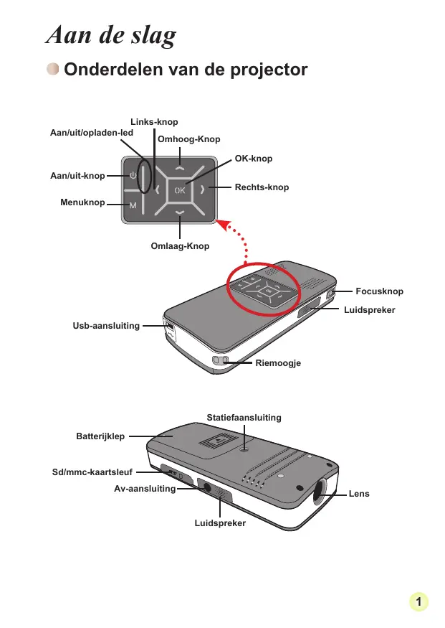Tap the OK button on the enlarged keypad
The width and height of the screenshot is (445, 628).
(179, 190)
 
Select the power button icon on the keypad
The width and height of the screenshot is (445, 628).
(133, 175)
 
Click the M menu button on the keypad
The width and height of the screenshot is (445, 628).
(133, 206)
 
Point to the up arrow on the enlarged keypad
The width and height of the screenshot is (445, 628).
(179, 167)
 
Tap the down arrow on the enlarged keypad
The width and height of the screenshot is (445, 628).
(179, 213)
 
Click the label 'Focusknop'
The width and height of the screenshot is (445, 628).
(379, 291)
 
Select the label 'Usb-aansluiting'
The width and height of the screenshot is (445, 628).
(106, 326)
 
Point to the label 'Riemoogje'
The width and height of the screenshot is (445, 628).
(278, 363)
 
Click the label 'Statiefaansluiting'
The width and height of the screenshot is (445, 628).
(244, 417)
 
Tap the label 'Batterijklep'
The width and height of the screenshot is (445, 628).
(100, 436)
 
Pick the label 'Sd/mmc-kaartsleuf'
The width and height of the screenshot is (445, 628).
(94, 472)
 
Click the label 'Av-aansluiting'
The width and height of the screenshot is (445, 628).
(145, 489)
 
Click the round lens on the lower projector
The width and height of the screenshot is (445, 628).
(319, 492)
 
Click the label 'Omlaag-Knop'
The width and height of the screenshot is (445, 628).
(181, 246)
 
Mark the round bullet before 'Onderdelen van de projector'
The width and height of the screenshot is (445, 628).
(52, 70)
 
